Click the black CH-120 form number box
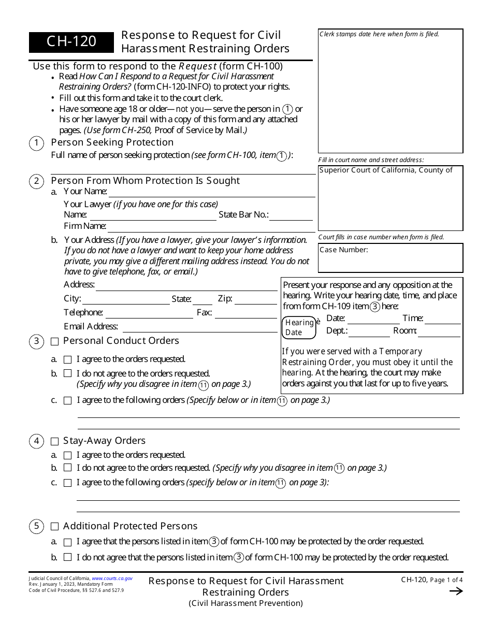[71, 42]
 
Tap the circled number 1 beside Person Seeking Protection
[36, 143]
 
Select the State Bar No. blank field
[291, 216]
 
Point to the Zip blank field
[256, 300]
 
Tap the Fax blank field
[246, 314]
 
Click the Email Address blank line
[200, 327]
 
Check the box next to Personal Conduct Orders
[55, 341]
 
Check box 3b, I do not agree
[67, 373]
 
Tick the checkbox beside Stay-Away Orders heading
[55, 441]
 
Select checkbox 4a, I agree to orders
[67, 455]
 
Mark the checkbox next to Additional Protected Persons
[55, 527]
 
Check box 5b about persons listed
[67, 558]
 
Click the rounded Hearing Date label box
[299, 328]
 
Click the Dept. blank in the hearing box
[369, 332]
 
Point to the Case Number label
[344, 250]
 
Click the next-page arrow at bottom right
[456, 591]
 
